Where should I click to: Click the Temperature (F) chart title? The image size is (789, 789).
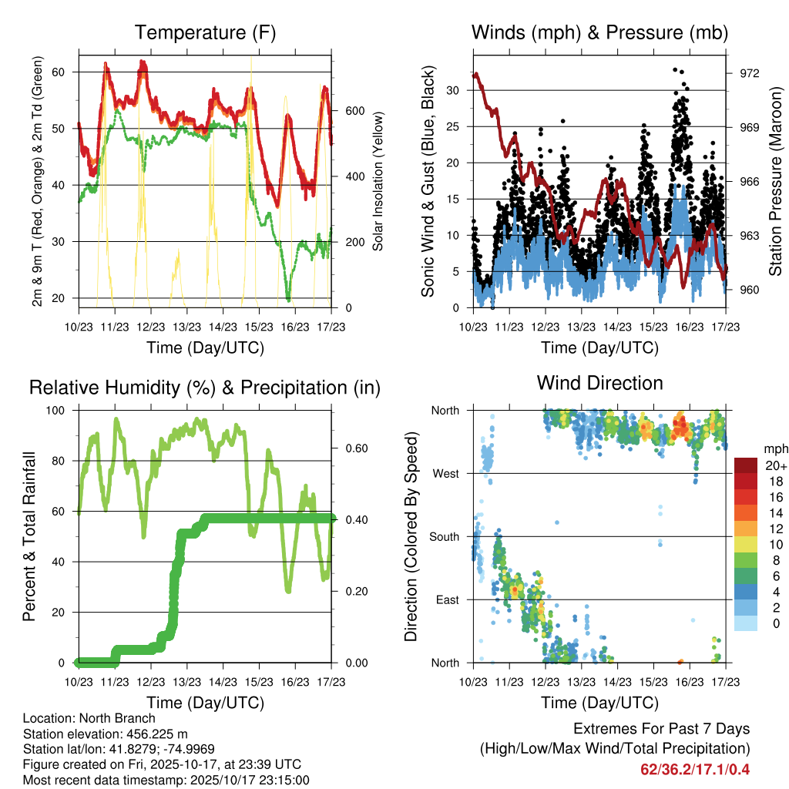(x=205, y=32)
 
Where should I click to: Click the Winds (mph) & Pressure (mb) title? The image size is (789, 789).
(x=599, y=32)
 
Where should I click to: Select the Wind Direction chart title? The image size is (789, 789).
(x=599, y=382)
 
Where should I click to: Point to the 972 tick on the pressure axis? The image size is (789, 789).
(x=749, y=73)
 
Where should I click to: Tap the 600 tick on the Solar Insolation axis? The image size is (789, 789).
(x=354, y=110)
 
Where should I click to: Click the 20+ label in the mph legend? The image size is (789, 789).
(x=775, y=465)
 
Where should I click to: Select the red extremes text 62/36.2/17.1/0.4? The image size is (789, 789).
(x=695, y=769)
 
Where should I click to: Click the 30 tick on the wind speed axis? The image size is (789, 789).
(x=452, y=90)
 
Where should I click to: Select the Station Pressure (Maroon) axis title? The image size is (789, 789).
(x=775, y=182)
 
